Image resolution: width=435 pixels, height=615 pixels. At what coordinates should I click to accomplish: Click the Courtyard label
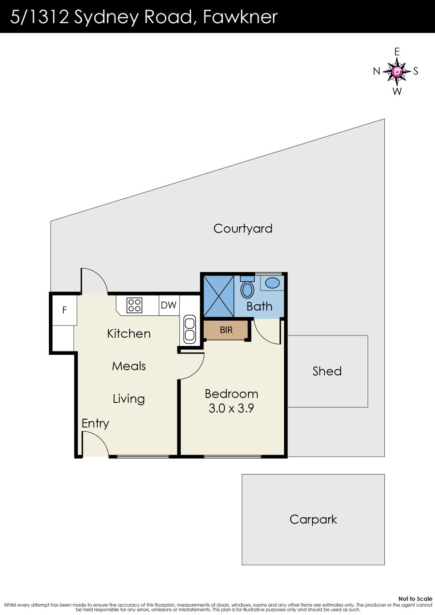coord(243,229)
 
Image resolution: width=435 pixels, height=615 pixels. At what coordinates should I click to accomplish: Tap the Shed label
coord(327,371)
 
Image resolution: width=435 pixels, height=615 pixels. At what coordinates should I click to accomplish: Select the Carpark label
coord(313,520)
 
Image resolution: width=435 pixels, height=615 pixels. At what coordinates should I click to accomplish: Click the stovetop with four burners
coord(134,305)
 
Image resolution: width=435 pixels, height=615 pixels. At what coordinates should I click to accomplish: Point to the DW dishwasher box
coord(169,305)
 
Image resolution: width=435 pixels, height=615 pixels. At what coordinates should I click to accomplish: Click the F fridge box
coord(64,310)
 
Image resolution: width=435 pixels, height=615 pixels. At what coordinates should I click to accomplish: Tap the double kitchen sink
coord(189,329)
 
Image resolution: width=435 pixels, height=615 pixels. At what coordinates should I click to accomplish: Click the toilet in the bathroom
coord(247,287)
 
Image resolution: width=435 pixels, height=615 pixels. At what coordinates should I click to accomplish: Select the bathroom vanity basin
coord(272,283)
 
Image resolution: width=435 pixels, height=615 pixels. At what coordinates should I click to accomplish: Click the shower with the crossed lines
coord(219,296)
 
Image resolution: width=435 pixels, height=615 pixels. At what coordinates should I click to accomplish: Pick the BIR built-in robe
coord(226,330)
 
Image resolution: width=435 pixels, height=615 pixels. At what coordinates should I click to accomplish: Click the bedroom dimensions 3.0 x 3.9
coord(231,408)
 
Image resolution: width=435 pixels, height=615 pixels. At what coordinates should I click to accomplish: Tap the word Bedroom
coord(232,394)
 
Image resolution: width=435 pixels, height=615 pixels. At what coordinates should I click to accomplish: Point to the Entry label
coord(95,424)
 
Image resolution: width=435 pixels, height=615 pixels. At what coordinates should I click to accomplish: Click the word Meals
coord(129,366)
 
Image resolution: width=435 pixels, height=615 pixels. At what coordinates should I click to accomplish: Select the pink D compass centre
coord(397,72)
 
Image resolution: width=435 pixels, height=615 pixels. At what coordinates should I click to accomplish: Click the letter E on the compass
coord(397,52)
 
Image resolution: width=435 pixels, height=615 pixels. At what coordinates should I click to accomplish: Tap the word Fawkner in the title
coord(240,17)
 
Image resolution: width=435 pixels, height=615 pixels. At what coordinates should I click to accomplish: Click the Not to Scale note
coord(415,599)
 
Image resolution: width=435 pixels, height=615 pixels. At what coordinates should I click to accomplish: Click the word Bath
coord(260,307)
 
